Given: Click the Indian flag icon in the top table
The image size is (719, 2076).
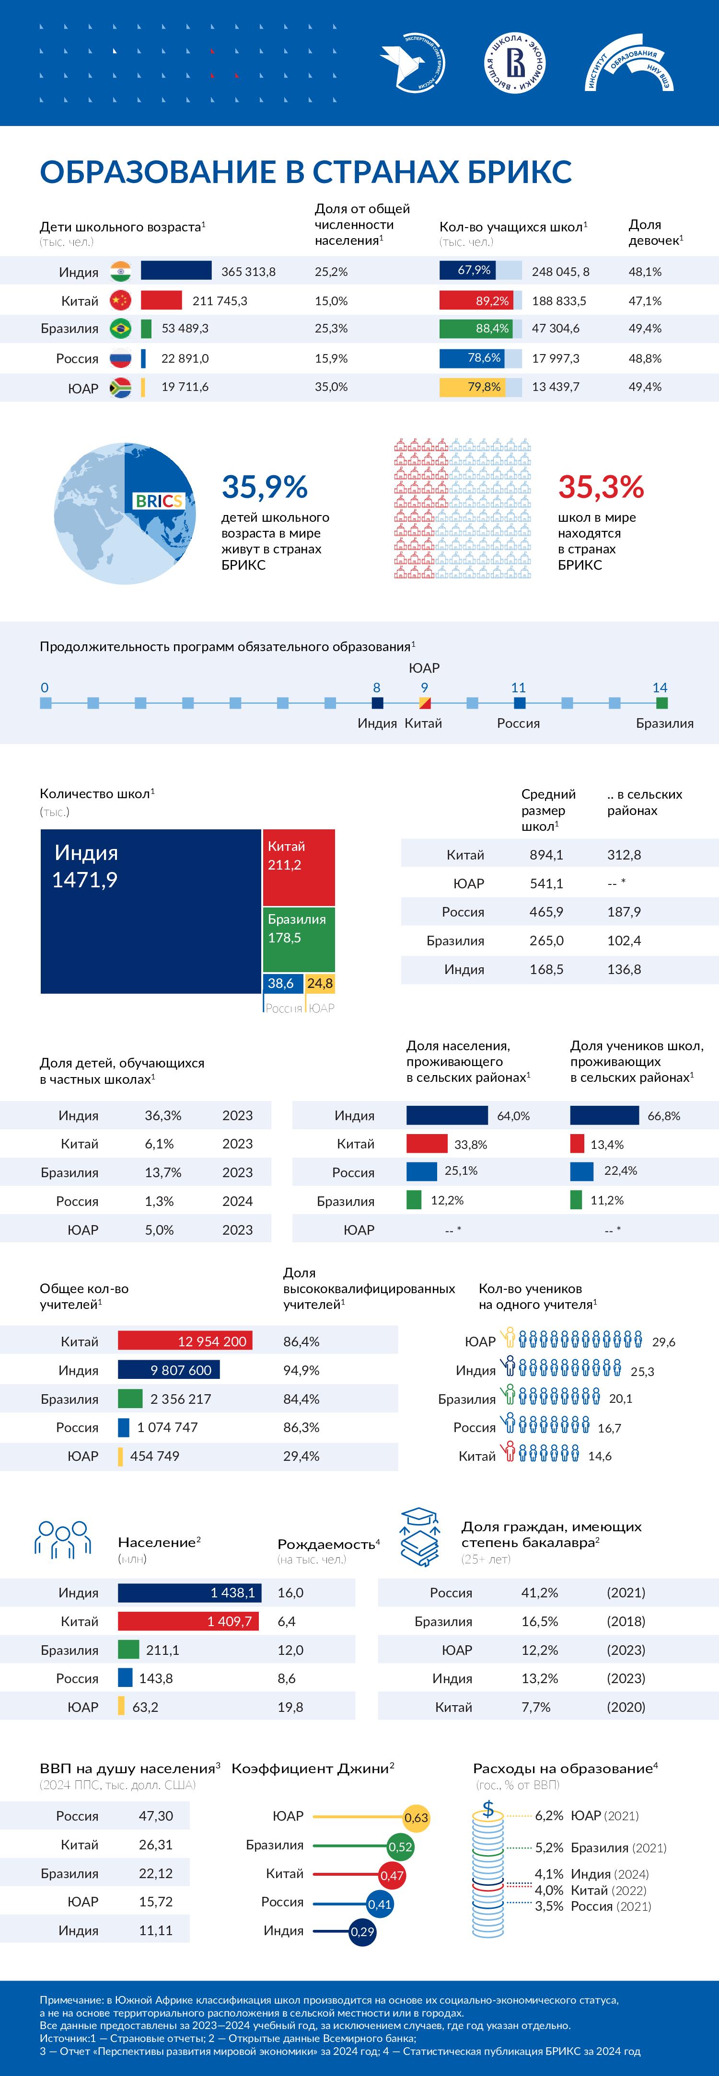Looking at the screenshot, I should [x=120, y=272].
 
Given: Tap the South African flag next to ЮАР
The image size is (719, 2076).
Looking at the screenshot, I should [x=120, y=388].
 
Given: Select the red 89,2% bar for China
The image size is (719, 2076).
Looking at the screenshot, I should [x=475, y=300].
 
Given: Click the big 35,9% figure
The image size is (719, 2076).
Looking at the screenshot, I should [x=265, y=487].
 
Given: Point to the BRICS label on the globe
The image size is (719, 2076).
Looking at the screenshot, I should [x=158, y=501].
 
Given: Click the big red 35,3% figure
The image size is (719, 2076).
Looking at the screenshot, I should [x=601, y=487].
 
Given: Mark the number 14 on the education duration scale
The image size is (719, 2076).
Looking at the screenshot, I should [x=660, y=688].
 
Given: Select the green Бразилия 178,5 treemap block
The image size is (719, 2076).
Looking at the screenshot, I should [x=298, y=940].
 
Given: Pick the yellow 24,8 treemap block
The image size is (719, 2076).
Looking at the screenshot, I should [x=320, y=983].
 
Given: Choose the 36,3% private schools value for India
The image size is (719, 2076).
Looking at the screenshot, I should [x=163, y=1115].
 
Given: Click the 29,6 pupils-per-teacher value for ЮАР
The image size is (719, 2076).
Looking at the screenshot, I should [x=663, y=1342].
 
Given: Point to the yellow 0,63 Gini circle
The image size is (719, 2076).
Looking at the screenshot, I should [x=416, y=1817].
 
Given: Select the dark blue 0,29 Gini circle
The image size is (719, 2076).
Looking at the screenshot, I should [x=363, y=1932].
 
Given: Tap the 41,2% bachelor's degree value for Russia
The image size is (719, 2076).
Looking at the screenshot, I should [x=539, y=1593].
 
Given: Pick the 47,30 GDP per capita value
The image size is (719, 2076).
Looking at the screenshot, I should [x=156, y=1816].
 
